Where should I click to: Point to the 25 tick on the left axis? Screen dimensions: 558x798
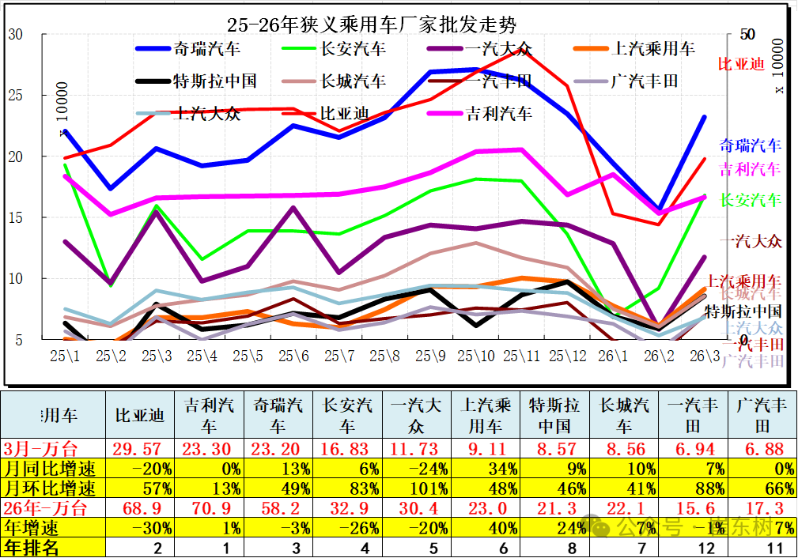16,96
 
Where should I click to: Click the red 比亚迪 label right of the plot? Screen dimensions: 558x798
742,64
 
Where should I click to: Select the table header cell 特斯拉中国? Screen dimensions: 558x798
554,416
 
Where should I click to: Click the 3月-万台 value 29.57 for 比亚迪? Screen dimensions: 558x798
139,449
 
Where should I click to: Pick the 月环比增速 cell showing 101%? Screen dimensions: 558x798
416,488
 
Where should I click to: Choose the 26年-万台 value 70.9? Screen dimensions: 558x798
210,508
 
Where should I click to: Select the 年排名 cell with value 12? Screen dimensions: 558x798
693,547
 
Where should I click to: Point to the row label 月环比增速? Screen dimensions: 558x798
51,488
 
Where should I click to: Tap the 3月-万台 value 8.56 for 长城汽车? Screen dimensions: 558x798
624,449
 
